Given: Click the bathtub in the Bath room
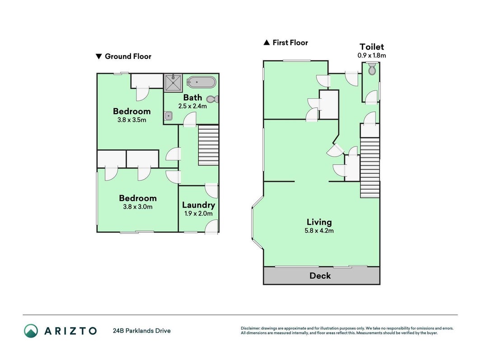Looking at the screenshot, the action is click(201, 82).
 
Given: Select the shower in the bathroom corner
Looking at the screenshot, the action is click(173, 82).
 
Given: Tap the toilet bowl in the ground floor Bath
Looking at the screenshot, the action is click(212, 99).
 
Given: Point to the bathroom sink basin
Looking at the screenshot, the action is click(168, 116).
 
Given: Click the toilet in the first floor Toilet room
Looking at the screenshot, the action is click(372, 69).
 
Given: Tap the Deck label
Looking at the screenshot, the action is click(320, 276).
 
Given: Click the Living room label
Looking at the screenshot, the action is click(319, 222).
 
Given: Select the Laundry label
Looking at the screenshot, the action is click(198, 205).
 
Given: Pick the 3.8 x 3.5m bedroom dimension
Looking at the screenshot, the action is click(131, 120).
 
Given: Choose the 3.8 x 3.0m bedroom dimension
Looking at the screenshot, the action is click(138, 207).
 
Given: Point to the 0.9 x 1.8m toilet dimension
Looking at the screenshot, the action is click(372, 55).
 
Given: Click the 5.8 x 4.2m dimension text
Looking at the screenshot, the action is click(319, 231).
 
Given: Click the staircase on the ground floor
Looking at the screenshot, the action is click(208, 145).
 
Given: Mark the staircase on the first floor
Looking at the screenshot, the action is click(370, 167).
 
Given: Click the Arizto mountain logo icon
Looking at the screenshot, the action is click(31, 331).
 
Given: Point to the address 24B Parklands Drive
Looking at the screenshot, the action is click(142, 331).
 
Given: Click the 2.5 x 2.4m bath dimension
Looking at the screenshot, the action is click(192, 106).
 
